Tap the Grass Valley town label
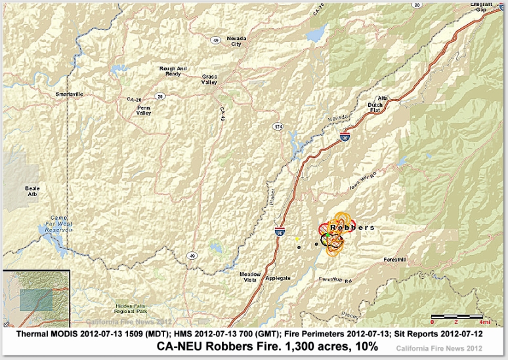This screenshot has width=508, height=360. (x=209, y=80)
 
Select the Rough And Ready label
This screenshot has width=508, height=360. (x=173, y=71)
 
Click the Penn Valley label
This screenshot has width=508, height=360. (x=144, y=110)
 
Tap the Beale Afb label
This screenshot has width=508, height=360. (x=32, y=191)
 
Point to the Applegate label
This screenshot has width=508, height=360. (x=278, y=278)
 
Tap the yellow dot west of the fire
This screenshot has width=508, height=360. (x=297, y=239)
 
